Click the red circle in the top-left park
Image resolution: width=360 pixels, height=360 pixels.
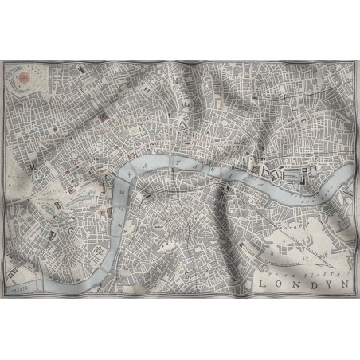pos(24,76)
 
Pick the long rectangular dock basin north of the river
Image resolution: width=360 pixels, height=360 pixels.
pos(295,170)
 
